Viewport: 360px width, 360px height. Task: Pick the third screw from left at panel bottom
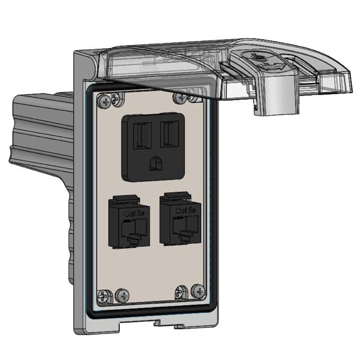[181, 291]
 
